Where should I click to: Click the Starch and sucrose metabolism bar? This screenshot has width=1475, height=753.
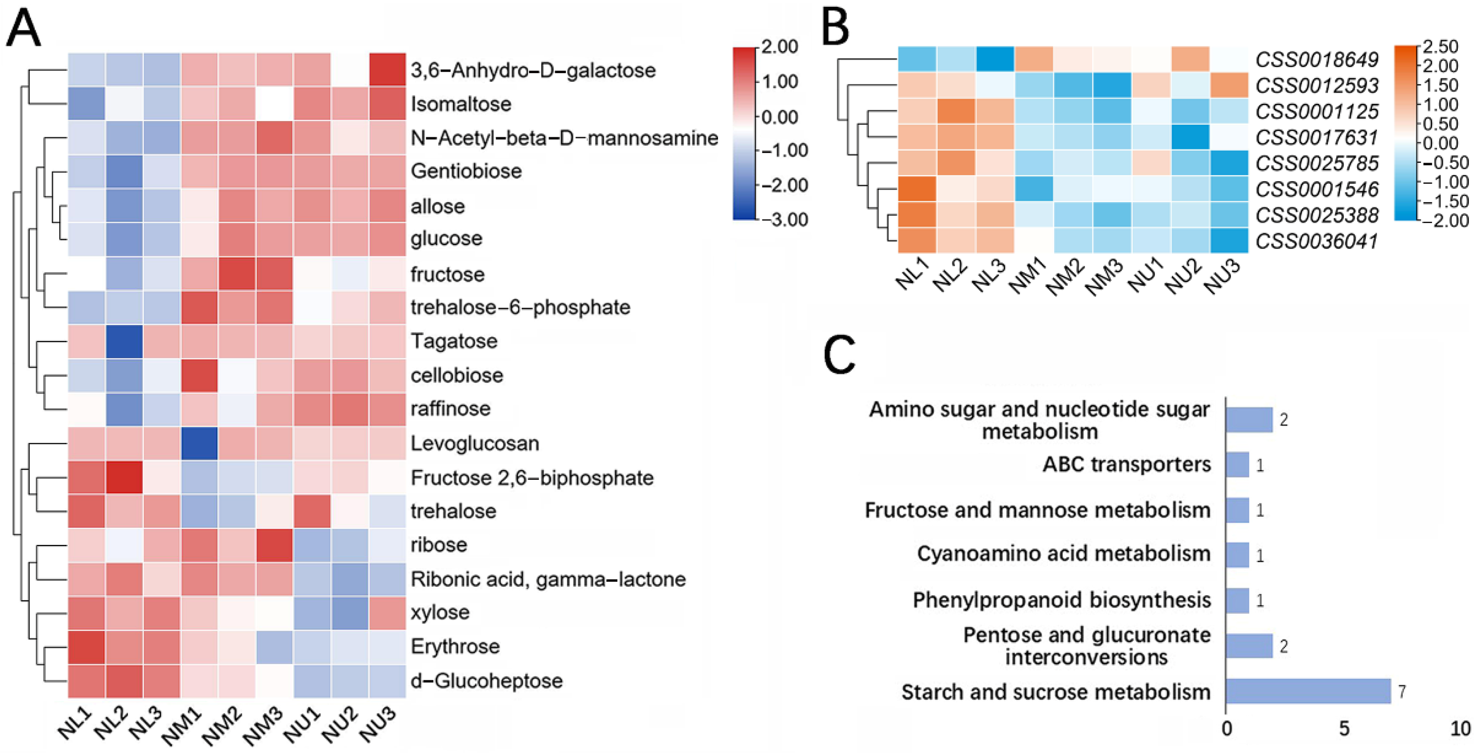click(1308, 691)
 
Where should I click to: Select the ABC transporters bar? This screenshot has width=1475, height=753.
click(1237, 465)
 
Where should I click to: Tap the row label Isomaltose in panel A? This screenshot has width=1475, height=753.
click(461, 104)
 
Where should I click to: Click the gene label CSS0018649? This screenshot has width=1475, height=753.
click(1316, 60)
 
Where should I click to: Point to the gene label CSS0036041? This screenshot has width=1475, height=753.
click(1316, 242)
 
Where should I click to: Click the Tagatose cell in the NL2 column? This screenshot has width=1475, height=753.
click(124, 342)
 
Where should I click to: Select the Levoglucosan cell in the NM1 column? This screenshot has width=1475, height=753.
click(199, 443)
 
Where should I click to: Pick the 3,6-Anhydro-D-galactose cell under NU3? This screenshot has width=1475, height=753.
click(387, 70)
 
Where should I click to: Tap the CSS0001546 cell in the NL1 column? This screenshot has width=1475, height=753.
click(917, 189)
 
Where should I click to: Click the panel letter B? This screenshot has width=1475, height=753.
click(836, 28)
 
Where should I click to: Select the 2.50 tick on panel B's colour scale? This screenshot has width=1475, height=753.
click(1441, 46)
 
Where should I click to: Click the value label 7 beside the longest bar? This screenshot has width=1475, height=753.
click(1402, 692)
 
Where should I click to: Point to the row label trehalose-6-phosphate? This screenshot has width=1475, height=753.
click(520, 308)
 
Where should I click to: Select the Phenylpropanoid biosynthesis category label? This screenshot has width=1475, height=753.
click(1062, 600)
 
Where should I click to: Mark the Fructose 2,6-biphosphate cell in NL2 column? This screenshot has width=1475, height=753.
click(124, 478)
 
